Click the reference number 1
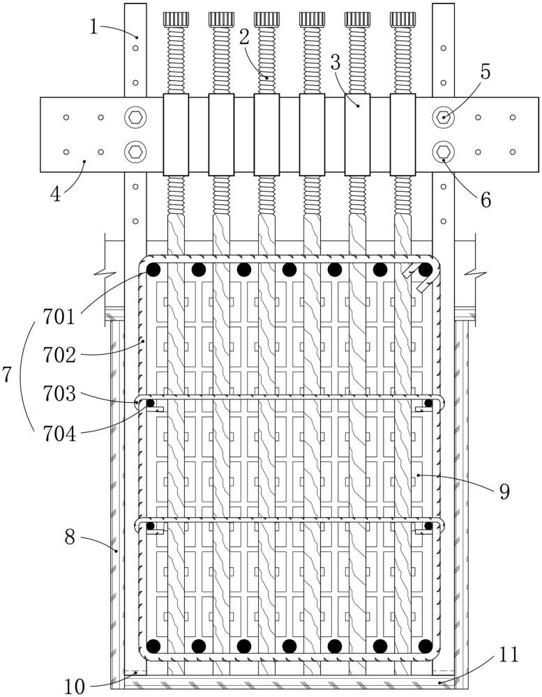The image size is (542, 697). click(94, 27)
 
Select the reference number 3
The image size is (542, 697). click(335, 61)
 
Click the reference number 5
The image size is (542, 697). click(485, 70)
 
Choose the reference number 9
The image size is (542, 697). click(504, 491)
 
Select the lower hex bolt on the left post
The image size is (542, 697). click(135, 151)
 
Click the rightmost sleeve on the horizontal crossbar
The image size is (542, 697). click(402, 135)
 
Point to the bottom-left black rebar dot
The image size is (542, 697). click(153, 645)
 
